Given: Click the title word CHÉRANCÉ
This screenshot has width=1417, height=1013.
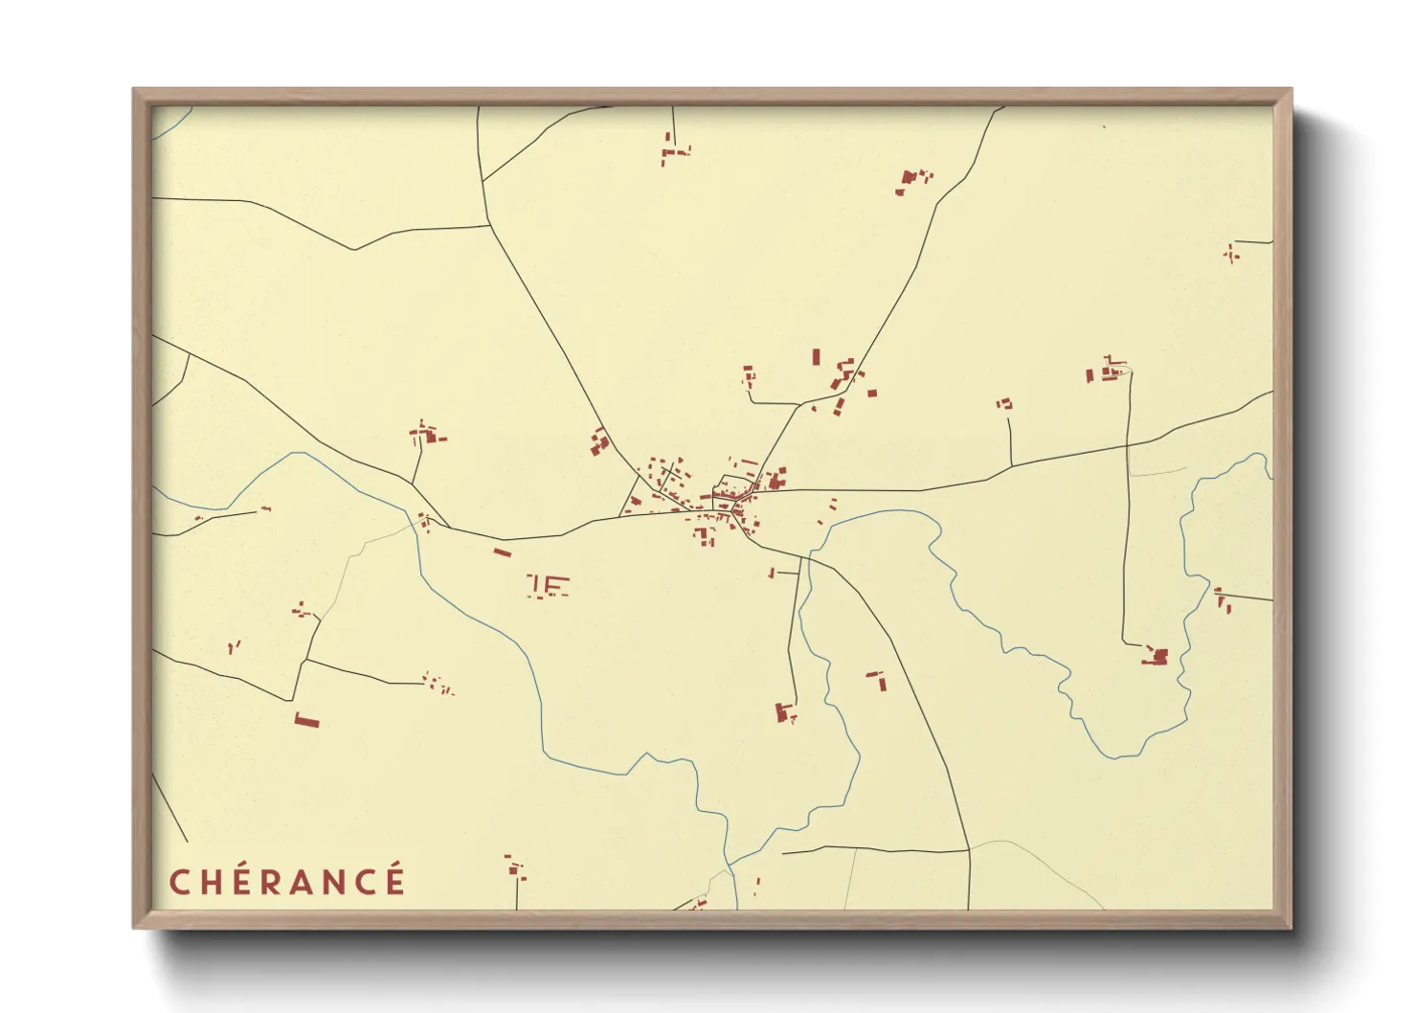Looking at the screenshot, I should [287, 881].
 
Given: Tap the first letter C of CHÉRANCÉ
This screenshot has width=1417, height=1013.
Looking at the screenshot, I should [177, 882].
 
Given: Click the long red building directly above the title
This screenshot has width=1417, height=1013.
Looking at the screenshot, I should [305, 720].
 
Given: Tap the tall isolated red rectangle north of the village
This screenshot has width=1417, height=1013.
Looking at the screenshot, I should [816, 357].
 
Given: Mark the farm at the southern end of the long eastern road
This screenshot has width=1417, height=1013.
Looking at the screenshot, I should [1157, 657].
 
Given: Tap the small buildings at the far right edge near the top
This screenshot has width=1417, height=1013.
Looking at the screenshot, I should [1231, 253].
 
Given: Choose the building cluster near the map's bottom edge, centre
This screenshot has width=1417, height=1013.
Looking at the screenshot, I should [516, 868].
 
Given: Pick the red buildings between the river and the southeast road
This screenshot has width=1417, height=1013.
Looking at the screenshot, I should [877, 680].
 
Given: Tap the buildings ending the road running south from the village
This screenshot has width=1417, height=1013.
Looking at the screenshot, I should [785, 712].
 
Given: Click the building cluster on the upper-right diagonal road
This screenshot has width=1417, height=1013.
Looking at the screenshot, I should [911, 179].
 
